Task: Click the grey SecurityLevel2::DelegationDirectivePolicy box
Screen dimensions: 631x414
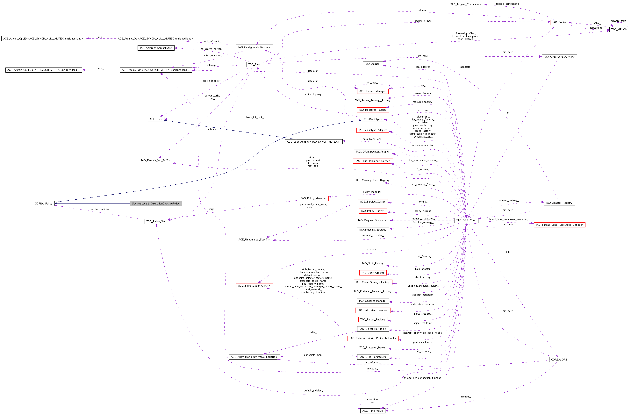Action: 156,203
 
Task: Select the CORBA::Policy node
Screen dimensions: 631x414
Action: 44,203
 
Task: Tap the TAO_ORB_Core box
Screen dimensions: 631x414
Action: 466,220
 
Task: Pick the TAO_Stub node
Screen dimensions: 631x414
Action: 255,64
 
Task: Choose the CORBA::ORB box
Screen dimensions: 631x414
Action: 559,359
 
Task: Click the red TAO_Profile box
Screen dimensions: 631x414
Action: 559,22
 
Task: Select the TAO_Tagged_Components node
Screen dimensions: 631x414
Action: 466,4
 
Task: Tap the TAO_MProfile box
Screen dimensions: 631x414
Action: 619,29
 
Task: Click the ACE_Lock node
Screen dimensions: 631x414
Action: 156,119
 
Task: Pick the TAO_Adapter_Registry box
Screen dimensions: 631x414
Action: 559,203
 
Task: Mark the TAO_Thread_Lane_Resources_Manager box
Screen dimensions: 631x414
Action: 559,225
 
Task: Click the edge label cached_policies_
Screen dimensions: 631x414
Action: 101,209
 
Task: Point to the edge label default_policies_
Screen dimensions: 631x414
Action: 313,390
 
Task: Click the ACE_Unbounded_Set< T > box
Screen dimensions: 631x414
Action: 255,240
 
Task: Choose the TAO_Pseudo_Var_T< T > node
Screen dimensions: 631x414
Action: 156,160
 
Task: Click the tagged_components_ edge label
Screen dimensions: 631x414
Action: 508,4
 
